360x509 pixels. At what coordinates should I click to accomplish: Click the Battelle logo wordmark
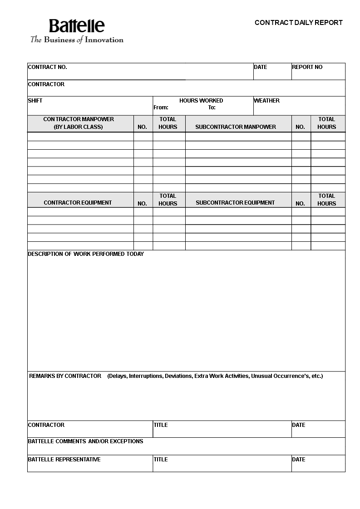click(77, 26)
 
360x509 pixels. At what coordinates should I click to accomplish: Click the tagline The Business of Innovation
click(77, 40)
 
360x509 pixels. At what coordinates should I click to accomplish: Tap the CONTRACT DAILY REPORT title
click(298, 23)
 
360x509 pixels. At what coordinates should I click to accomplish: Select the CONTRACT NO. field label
click(47, 67)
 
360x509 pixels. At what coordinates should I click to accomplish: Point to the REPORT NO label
click(307, 67)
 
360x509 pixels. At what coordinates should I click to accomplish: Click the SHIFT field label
click(35, 101)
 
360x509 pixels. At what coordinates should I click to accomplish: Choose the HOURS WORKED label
click(201, 101)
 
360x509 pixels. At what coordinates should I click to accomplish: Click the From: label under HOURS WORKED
click(161, 108)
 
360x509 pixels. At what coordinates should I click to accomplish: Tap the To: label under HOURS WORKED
click(212, 108)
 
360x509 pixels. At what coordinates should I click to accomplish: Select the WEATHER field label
click(266, 101)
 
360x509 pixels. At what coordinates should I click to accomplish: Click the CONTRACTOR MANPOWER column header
click(79, 123)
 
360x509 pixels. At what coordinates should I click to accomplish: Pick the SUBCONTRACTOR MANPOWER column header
click(236, 127)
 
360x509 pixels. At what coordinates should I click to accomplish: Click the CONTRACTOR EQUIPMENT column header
click(78, 203)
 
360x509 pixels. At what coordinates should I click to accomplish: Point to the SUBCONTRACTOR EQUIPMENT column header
click(235, 203)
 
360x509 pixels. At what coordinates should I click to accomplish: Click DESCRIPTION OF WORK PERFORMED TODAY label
click(86, 254)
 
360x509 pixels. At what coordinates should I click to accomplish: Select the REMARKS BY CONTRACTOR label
click(65, 376)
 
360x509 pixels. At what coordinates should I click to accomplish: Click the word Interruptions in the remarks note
click(146, 376)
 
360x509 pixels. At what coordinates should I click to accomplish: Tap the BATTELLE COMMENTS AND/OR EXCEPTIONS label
click(85, 441)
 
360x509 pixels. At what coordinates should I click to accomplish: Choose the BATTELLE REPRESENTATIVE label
click(64, 460)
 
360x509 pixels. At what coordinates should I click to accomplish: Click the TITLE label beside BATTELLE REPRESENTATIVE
click(161, 460)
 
